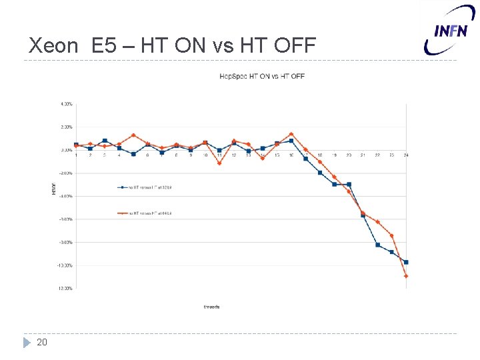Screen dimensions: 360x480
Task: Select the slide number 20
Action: click(x=42, y=342)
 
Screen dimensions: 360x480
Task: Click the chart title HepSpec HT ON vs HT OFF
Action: click(x=262, y=76)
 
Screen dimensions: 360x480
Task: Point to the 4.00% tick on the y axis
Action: click(x=66, y=104)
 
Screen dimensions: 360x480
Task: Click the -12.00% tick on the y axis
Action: click(x=65, y=289)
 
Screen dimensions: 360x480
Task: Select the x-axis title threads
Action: click(x=211, y=307)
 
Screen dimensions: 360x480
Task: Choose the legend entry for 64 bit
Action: click(x=145, y=213)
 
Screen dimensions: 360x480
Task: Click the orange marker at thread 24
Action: click(x=406, y=276)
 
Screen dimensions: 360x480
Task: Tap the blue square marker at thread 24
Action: click(x=406, y=262)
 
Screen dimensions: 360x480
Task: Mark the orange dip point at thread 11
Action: click(x=219, y=163)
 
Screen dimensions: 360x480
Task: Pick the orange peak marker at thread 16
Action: click(x=291, y=134)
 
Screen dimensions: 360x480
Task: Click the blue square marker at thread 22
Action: click(x=377, y=245)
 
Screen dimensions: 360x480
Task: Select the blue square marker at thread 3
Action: click(x=105, y=141)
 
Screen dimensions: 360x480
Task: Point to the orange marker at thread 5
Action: click(x=133, y=135)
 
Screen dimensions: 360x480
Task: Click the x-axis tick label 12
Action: click(x=234, y=155)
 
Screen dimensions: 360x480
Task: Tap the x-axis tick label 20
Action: click(x=349, y=155)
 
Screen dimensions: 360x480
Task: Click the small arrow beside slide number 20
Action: click(x=27, y=342)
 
